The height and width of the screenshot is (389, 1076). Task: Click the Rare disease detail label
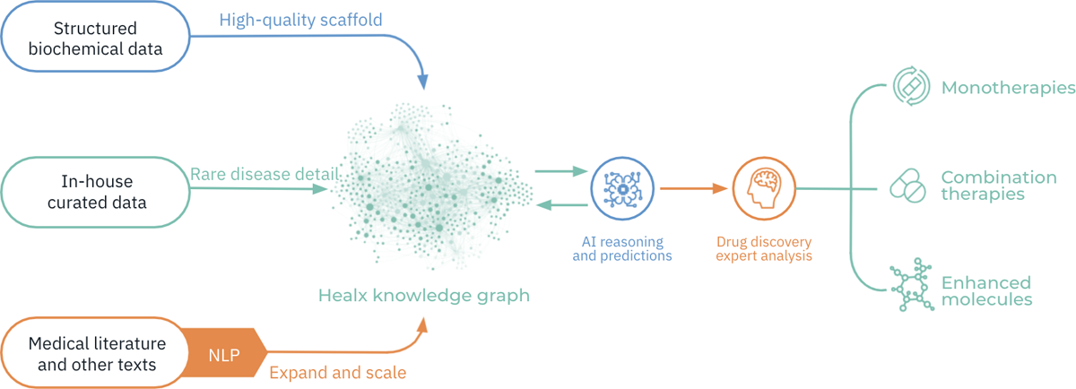click(265, 174)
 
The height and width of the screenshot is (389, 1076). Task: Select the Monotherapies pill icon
click(910, 88)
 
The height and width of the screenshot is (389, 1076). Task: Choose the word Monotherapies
click(1008, 88)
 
